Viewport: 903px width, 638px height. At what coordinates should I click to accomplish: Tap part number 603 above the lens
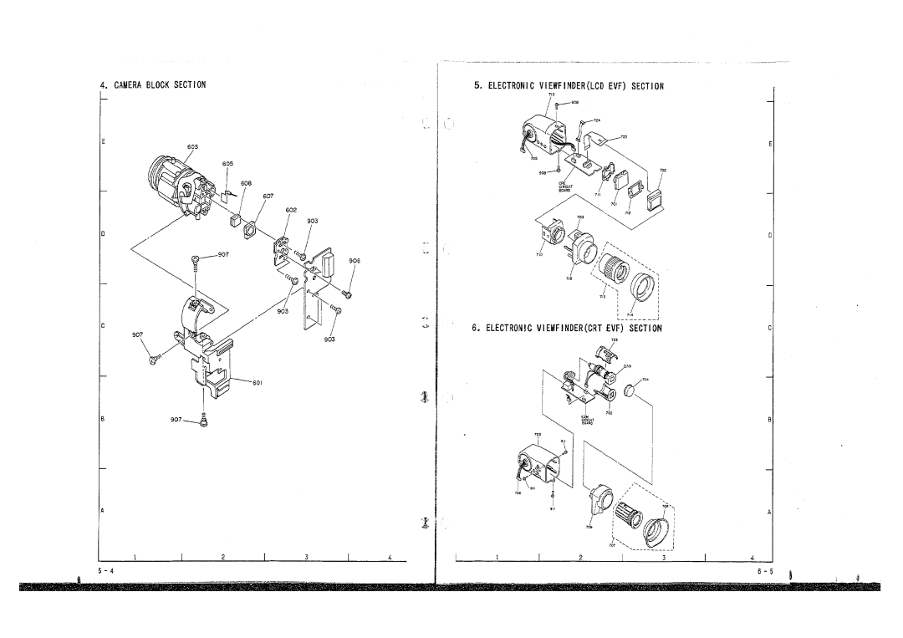pos(192,146)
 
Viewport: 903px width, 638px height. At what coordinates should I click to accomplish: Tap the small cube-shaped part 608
pos(235,219)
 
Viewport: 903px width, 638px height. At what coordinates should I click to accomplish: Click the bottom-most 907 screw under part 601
pos(205,418)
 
